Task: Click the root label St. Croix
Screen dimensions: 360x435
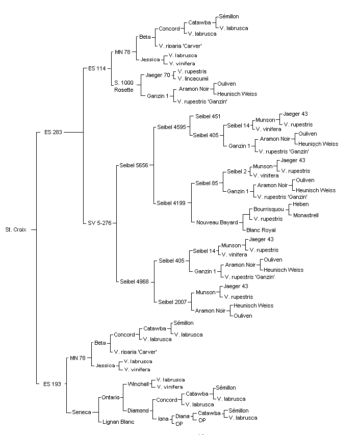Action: tap(16, 229)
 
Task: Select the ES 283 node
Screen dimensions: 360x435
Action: tap(53, 132)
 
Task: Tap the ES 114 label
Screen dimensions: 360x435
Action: tap(97, 68)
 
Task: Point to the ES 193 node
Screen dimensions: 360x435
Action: tap(52, 384)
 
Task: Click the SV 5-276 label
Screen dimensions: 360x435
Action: tap(99, 223)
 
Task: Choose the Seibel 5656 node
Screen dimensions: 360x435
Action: tap(134, 165)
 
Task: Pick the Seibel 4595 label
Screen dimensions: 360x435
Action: tap(171, 127)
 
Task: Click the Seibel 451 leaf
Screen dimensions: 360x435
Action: tap(208, 116)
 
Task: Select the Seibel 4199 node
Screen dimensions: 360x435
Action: tap(171, 203)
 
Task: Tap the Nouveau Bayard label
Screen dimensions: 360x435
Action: tap(217, 222)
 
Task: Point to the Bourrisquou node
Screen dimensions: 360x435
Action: tap(269, 210)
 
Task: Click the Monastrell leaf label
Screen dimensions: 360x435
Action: tap(306, 215)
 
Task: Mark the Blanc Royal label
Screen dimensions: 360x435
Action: tap(261, 230)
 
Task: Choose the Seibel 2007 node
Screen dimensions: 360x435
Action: tap(172, 302)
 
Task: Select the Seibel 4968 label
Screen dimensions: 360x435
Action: tap(134, 282)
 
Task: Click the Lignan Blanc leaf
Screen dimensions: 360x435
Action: tap(118, 422)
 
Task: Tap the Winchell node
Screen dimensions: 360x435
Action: tap(138, 384)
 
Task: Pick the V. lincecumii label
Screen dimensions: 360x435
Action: tap(193, 79)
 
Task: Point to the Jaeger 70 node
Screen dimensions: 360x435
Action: tap(158, 75)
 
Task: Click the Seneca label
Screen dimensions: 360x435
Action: tap(82, 412)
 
